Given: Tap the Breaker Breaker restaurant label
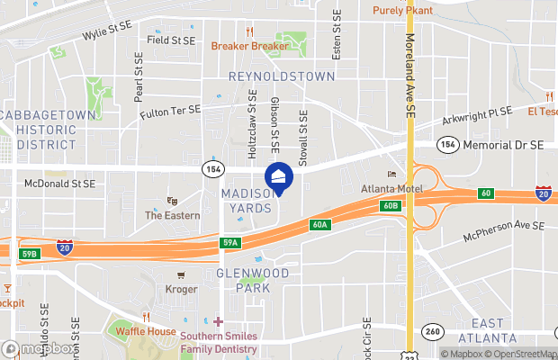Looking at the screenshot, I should click(x=249, y=46).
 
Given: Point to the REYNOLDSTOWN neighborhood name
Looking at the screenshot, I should click(x=282, y=76).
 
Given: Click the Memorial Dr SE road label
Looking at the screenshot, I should click(x=503, y=144).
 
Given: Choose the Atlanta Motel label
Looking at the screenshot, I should click(x=391, y=188).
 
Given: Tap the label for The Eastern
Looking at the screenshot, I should click(x=172, y=215).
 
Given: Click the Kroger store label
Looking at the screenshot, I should click(x=181, y=289).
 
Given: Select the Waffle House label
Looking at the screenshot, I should click(x=146, y=331).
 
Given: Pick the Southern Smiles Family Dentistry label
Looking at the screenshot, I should click(x=219, y=342).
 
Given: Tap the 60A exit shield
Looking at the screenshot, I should click(x=319, y=224).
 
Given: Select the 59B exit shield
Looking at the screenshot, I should click(x=29, y=254).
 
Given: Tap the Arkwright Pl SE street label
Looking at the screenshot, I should click(x=477, y=112).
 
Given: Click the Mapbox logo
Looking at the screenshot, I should click(x=38, y=348).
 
